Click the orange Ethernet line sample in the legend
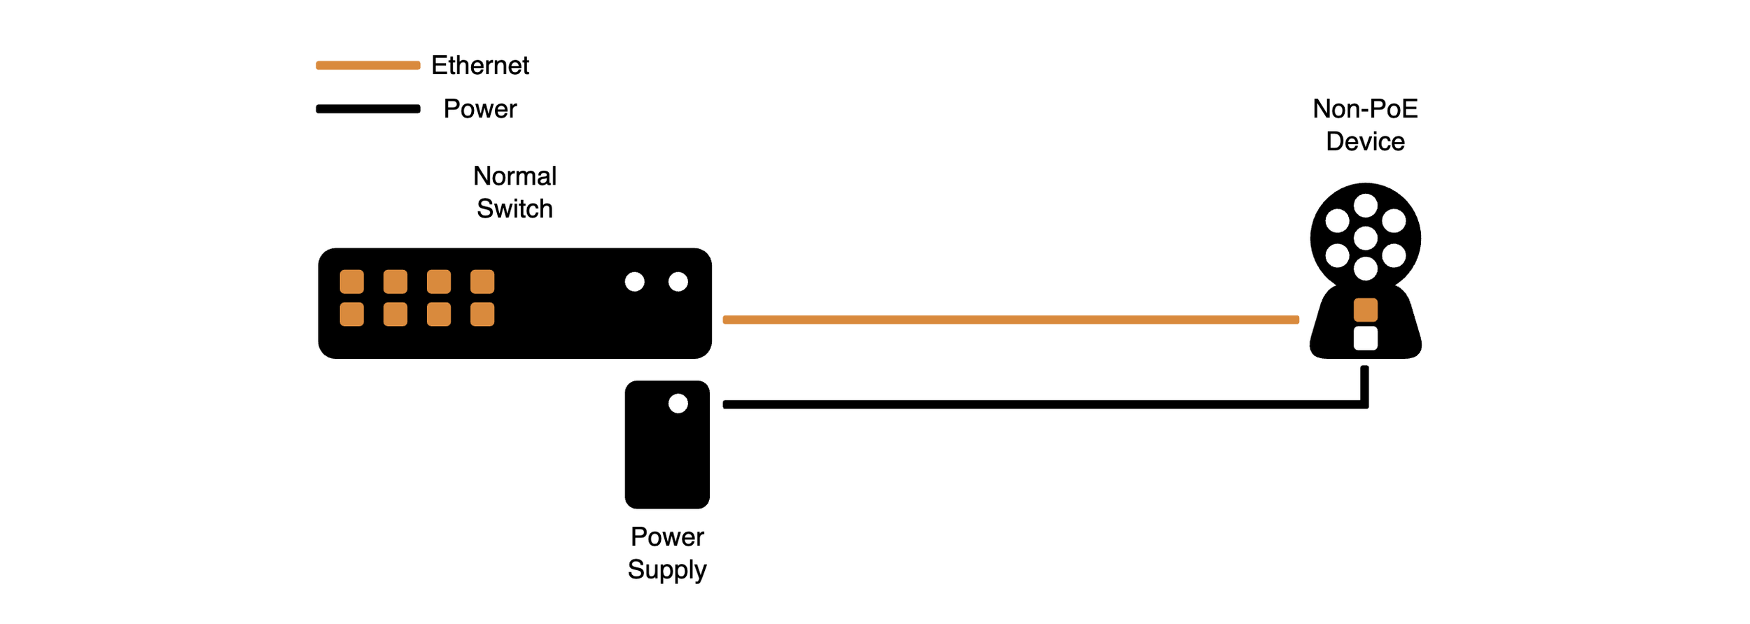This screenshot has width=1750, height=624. [368, 65]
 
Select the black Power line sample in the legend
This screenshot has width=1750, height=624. [368, 108]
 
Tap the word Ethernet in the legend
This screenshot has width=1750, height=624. [480, 65]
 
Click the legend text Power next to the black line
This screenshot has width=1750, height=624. [480, 109]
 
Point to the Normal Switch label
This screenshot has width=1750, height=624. [514, 192]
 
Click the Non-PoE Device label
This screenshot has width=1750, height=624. [1365, 125]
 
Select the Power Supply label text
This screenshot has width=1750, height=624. [667, 553]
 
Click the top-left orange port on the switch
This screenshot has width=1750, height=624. [352, 282]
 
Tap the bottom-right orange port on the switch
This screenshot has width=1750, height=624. [482, 314]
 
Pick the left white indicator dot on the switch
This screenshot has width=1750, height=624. [635, 282]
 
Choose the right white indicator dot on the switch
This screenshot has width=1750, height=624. [678, 282]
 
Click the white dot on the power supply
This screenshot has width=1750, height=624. [678, 404]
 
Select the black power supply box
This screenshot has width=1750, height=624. [667, 455]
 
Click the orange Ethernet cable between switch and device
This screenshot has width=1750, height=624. [1011, 320]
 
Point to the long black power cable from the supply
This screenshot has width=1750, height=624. [1043, 404]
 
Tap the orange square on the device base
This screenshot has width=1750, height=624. [1366, 310]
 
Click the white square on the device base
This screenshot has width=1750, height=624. [1366, 339]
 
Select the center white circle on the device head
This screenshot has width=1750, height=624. [1366, 238]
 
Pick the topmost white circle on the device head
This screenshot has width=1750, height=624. [1366, 206]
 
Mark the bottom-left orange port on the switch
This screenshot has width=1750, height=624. [352, 314]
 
